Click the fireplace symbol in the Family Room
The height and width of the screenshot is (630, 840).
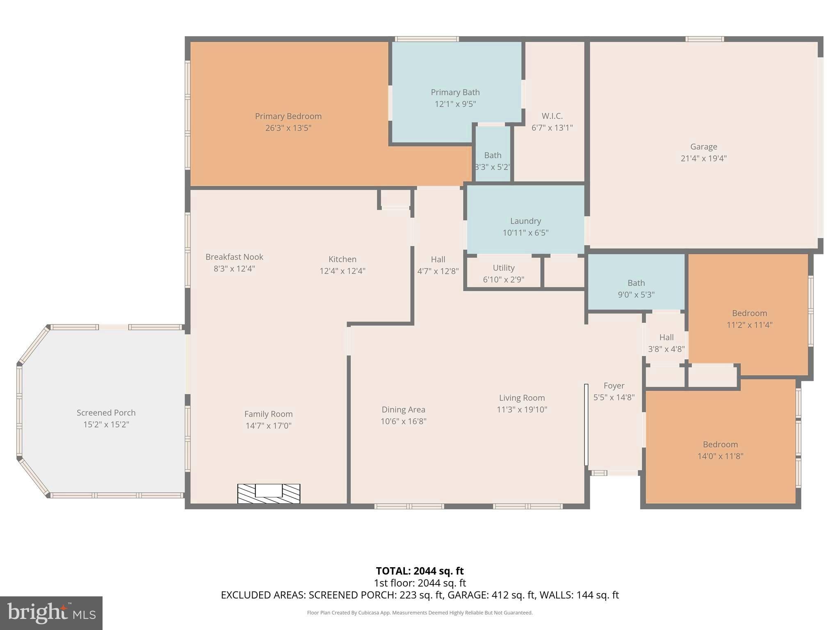[269, 493]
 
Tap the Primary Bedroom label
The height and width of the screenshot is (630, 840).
[288, 116]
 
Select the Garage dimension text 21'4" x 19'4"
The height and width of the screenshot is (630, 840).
[703, 158]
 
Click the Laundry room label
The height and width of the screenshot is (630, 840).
[525, 221]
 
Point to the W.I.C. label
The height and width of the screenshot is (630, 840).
[552, 116]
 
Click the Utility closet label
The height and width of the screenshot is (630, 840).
[503, 268]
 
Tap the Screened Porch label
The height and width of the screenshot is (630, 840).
[106, 413]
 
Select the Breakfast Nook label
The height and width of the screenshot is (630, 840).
[234, 257]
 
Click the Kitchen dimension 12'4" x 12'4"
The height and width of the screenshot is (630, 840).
[342, 271]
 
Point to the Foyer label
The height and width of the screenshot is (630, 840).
[614, 386]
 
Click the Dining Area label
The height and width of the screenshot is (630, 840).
[403, 410]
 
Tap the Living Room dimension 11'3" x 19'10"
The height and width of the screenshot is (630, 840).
[522, 410]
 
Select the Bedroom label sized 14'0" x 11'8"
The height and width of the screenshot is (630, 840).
[720, 445]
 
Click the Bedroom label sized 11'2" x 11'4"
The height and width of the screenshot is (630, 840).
[749, 313]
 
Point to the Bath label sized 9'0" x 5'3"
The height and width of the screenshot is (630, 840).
[636, 283]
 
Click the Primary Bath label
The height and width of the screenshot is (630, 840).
[455, 92]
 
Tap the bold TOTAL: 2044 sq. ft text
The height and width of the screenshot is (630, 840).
[420, 571]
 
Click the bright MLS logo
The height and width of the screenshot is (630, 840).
[51, 613]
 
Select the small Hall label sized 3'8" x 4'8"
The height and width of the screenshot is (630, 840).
[666, 338]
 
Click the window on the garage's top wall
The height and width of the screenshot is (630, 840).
[705, 39]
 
